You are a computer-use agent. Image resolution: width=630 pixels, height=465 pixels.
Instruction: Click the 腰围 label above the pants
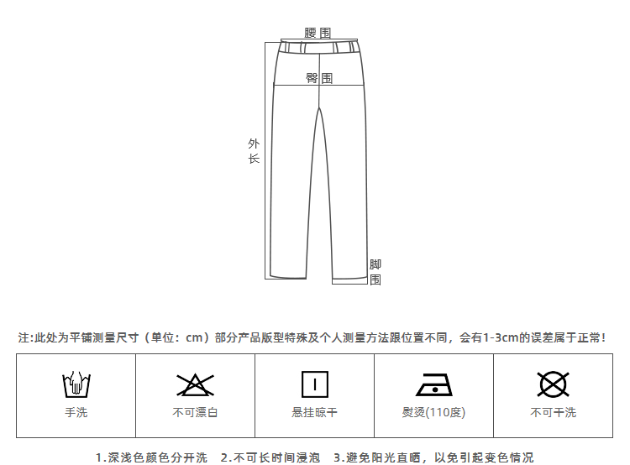click(x=318, y=33)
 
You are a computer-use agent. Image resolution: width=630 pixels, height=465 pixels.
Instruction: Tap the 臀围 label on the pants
click(x=318, y=78)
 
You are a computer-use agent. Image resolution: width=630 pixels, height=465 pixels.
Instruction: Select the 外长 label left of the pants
click(x=254, y=151)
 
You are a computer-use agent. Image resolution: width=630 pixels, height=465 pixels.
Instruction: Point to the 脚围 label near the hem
click(x=375, y=272)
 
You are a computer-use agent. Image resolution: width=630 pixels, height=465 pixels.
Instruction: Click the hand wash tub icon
click(x=76, y=384)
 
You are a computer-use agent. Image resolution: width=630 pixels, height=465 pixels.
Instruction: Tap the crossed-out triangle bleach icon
click(x=195, y=384)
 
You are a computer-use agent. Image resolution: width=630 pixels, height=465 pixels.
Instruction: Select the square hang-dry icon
click(x=314, y=384)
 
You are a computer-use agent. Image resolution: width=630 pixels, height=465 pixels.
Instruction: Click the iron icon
click(x=433, y=385)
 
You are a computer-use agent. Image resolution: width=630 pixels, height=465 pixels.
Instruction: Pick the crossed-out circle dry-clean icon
click(x=553, y=384)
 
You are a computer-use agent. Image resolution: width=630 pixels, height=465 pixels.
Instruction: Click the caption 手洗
click(x=76, y=412)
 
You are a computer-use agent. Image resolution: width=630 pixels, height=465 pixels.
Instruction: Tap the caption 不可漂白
click(x=195, y=412)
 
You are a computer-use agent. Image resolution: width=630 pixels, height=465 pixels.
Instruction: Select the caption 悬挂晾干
click(x=314, y=412)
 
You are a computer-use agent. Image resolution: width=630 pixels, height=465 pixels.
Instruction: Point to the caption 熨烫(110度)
click(x=433, y=412)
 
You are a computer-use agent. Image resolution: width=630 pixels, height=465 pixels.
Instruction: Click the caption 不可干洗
click(x=553, y=412)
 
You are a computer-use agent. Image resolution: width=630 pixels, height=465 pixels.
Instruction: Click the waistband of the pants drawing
click(x=318, y=47)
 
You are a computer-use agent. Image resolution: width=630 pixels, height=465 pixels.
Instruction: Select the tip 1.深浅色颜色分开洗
click(x=151, y=457)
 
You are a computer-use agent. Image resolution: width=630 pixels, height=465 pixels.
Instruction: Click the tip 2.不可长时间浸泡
click(x=270, y=457)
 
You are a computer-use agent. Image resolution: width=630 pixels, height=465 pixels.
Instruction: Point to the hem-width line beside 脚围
click(x=349, y=283)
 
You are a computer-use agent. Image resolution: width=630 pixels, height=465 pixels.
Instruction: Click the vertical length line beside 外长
click(x=266, y=159)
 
